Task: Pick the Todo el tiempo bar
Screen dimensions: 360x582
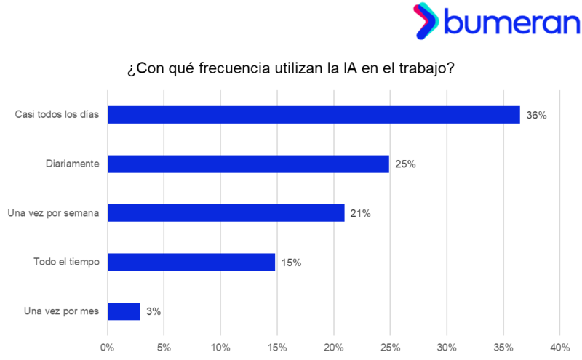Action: pos(192,262)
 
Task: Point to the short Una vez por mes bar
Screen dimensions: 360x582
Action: pos(124,311)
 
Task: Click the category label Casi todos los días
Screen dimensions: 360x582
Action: pos(57,115)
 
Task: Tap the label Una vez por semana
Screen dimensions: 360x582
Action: pos(52,213)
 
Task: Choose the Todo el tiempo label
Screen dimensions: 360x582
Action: pos(66,262)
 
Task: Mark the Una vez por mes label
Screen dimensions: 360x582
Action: pos(61,311)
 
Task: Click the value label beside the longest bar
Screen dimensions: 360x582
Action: pos(536,115)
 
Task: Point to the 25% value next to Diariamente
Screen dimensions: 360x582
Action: pos(404,164)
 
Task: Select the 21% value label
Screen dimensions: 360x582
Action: pos(360,213)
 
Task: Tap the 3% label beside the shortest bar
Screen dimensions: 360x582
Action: pos(153,311)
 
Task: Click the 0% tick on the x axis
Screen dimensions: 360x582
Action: pos(108,348)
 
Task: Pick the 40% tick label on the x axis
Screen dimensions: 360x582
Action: pos(559,348)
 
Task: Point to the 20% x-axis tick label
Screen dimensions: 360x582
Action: pos(334,348)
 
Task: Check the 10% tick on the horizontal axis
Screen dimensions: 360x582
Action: pos(220,348)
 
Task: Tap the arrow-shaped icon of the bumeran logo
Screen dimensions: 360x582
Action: pos(425,21)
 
